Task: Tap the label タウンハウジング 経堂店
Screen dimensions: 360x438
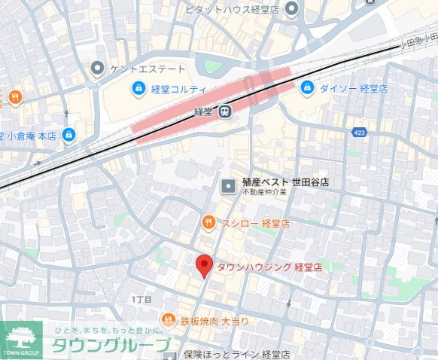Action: pyautogui.click(x=269, y=267)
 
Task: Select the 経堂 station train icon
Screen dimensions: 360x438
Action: pyautogui.click(x=224, y=112)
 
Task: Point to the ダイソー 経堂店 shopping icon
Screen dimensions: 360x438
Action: pyautogui.click(x=307, y=89)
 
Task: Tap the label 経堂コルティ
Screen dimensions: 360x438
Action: pyautogui.click(x=178, y=90)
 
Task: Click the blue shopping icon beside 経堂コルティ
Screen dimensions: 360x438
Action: pyautogui.click(x=139, y=90)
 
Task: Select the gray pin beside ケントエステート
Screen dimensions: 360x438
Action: pyautogui.click(x=97, y=70)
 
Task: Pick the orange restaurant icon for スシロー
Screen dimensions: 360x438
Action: pyautogui.click(x=208, y=223)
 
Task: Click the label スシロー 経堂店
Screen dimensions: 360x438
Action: pyautogui.click(x=255, y=224)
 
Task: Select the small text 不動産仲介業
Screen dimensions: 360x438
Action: pyautogui.click(x=266, y=194)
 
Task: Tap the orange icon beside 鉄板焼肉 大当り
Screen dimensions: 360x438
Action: pyautogui.click(x=169, y=320)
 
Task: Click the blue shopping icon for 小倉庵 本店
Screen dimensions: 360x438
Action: pyautogui.click(x=69, y=136)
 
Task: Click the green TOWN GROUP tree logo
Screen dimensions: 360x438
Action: pyautogui.click(x=21, y=339)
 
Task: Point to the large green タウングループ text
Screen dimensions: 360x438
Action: pyautogui.click(x=110, y=346)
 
